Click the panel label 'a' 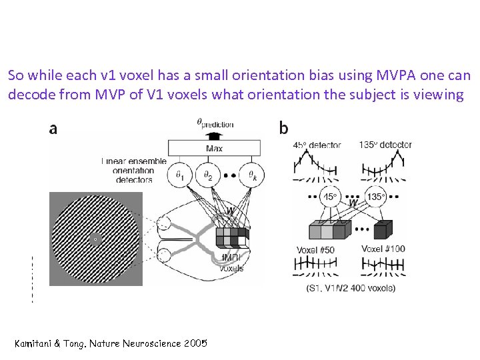tap(53, 129)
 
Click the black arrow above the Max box tap(214, 133)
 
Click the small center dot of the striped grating tap(95, 239)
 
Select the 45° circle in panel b tap(330, 197)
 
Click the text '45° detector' tap(317, 145)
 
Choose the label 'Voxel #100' tap(385, 249)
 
